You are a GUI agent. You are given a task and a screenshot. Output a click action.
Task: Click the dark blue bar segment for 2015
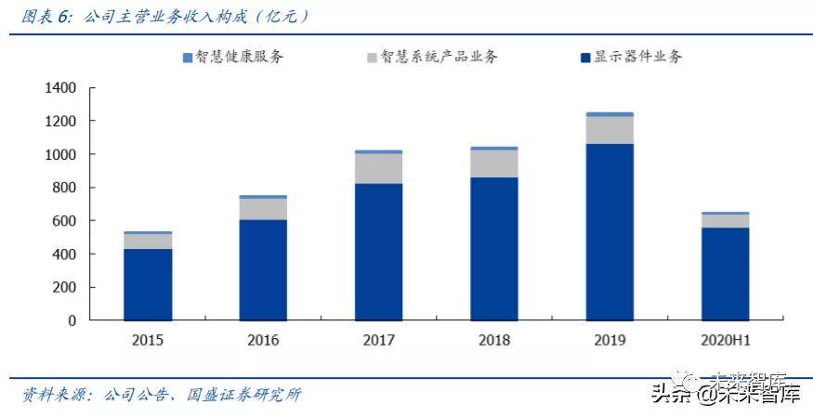point(148,284)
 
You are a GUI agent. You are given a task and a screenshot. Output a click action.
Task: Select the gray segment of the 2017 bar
point(378,168)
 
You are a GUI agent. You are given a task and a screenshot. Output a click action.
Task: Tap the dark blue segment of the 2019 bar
point(610,231)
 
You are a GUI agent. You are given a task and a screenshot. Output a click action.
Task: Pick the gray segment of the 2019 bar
point(610,130)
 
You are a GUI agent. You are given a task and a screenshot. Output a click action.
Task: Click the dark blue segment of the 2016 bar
point(263,269)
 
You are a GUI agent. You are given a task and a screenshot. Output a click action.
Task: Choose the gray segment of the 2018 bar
point(493,163)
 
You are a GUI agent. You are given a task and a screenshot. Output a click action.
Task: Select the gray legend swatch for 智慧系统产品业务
point(372,58)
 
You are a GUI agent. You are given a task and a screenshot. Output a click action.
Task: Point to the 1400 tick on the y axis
point(59,88)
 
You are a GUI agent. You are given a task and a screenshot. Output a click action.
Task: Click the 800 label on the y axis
point(63,188)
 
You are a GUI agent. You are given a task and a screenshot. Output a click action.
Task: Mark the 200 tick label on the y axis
point(63,287)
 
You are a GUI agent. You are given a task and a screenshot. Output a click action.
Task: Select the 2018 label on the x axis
point(493,340)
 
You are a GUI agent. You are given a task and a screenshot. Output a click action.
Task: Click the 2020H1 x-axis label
point(725,340)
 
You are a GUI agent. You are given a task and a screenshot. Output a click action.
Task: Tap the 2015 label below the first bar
point(148,340)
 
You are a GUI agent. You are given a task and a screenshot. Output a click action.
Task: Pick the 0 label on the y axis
point(72,320)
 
